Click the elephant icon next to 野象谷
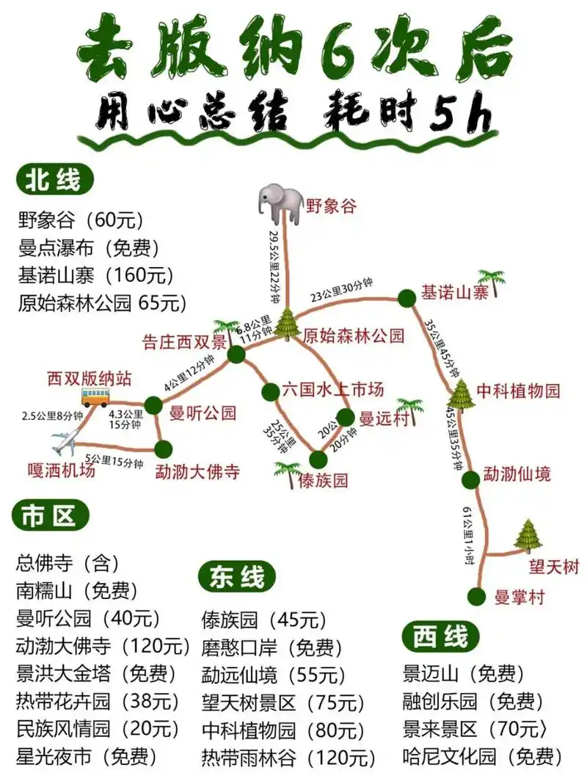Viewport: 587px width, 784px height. tap(280, 203)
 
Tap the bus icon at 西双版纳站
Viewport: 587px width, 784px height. tap(95, 397)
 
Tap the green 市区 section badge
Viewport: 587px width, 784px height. tap(49, 517)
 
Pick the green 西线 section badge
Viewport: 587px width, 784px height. tap(440, 636)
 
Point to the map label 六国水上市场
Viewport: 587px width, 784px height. tap(332, 389)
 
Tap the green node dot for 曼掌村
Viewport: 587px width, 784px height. tap(478, 596)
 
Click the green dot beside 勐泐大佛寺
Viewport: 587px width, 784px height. tap(163, 449)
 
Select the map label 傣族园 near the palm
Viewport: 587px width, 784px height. tap(324, 481)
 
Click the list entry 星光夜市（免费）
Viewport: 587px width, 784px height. tap(86, 755)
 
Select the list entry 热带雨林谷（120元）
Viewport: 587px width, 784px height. tap(288, 756)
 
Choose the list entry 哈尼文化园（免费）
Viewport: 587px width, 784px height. tap(482, 755)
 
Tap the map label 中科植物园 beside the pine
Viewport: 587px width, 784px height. tap(518, 391)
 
